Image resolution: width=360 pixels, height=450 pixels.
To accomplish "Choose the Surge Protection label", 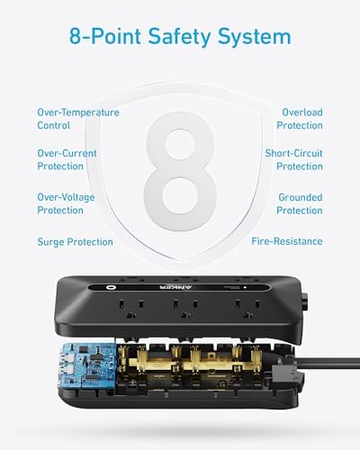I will click(76, 241).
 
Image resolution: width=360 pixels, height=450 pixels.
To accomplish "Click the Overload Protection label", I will click(299, 119).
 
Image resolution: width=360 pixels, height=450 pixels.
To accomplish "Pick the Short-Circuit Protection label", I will click(293, 159).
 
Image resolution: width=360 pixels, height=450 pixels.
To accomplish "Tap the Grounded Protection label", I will click(299, 202).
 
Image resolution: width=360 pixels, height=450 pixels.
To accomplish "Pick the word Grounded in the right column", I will click(299, 196).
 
